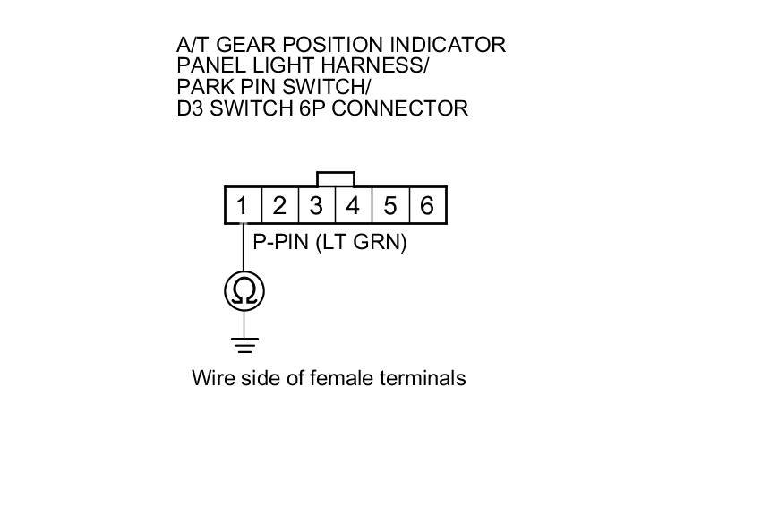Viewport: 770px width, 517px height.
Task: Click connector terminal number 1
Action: (x=242, y=206)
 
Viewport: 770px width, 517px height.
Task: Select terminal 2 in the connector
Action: (x=279, y=206)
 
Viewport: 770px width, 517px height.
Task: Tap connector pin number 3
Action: (x=316, y=206)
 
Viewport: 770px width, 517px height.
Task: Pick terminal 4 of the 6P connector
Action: (x=353, y=206)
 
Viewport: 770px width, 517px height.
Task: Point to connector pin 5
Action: (x=390, y=206)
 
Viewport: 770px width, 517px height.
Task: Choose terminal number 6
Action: (x=427, y=206)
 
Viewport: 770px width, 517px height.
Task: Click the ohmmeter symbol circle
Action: (x=244, y=291)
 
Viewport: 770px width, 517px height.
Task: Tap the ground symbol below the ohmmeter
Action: (x=244, y=344)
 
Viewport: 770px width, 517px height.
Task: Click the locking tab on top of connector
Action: (x=336, y=178)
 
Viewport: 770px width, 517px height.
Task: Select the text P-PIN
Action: (x=281, y=242)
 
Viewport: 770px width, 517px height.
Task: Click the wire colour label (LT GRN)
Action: (x=361, y=242)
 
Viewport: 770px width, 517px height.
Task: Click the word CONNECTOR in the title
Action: (x=415, y=108)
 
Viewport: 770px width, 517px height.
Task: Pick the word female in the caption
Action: (x=343, y=378)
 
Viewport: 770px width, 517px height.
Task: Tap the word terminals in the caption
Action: (x=424, y=378)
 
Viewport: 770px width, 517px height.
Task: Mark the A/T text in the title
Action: (x=193, y=44)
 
